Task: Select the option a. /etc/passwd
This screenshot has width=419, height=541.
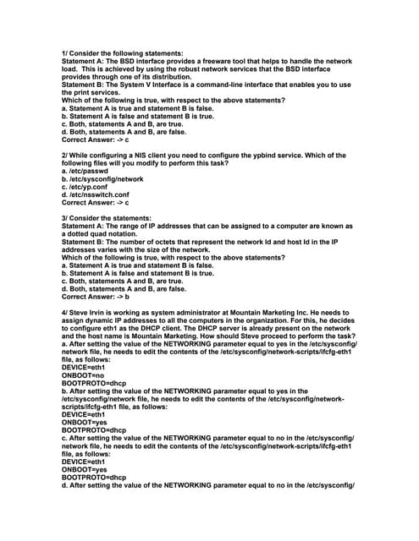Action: click(x=87, y=172)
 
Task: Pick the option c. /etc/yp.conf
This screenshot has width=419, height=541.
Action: click(x=89, y=188)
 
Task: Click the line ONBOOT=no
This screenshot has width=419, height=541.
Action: click(x=82, y=375)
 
